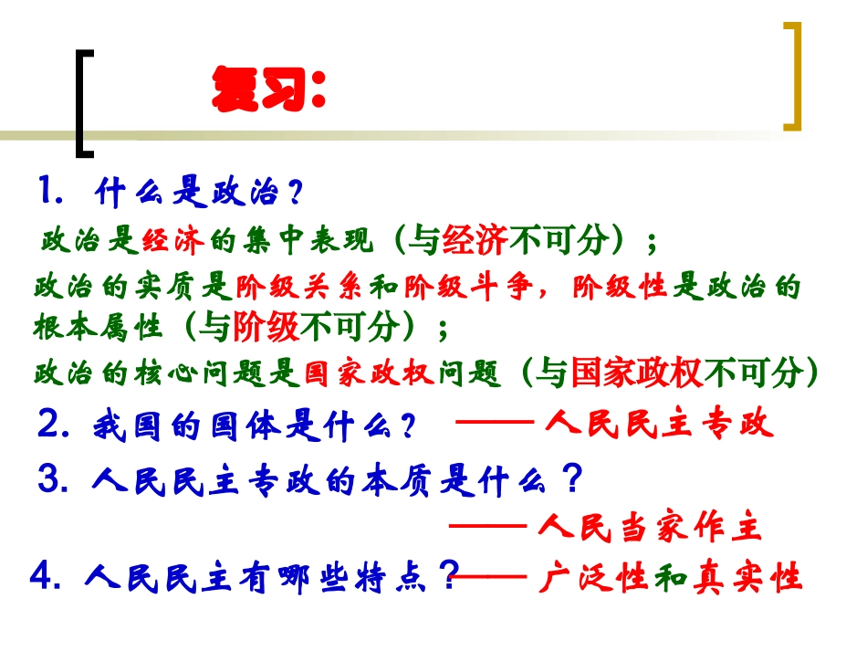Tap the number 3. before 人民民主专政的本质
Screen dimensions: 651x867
point(54,477)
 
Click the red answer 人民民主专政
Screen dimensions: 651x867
point(660,424)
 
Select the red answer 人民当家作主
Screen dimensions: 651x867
point(650,527)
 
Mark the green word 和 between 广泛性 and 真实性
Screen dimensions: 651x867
point(669,577)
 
